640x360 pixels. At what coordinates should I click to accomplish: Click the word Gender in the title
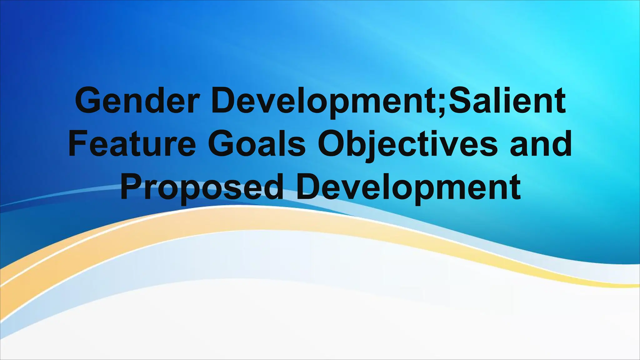pos(137,101)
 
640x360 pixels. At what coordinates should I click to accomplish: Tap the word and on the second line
pos(541,144)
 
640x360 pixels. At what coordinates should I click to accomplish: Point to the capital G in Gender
pos(89,101)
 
